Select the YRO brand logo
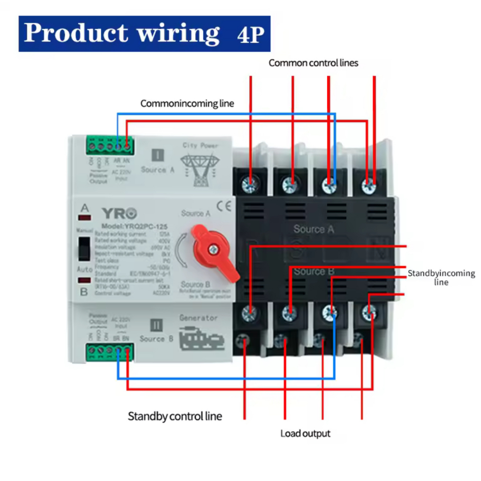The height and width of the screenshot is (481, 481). click(x=119, y=213)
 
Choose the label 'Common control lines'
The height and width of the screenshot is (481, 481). click(x=313, y=63)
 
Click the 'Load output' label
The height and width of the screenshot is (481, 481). click(x=305, y=434)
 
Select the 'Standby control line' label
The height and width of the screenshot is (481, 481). click(x=175, y=416)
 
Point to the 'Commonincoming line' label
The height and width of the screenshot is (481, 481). click(x=187, y=103)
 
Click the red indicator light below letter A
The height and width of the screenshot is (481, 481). click(x=85, y=218)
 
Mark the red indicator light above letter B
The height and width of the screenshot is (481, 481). click(x=85, y=280)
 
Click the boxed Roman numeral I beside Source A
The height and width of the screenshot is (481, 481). click(x=158, y=155)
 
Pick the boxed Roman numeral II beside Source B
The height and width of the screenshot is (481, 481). click(x=156, y=325)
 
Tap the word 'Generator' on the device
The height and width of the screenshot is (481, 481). click(x=199, y=318)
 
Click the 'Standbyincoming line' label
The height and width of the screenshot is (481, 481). click(x=441, y=278)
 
